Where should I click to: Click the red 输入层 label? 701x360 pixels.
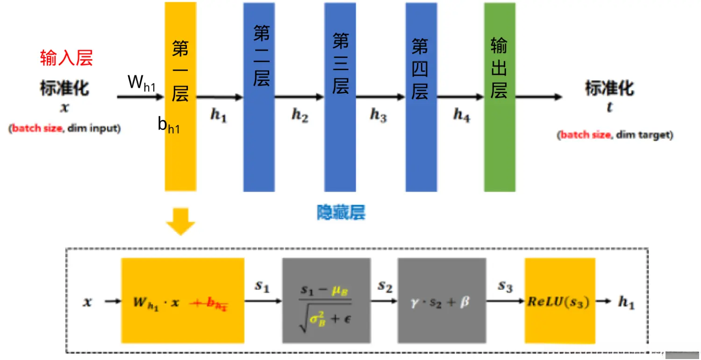click(66, 58)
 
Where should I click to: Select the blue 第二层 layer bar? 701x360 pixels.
click(259, 140)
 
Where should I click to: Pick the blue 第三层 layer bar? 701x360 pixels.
click(340, 140)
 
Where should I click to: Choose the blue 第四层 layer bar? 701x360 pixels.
click(421, 140)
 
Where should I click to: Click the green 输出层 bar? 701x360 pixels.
click(500, 140)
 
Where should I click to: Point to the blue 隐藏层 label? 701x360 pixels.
click(341, 213)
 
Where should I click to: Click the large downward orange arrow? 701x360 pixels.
click(181, 221)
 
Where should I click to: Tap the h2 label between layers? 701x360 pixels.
click(300, 115)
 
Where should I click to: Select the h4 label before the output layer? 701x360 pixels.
click(461, 115)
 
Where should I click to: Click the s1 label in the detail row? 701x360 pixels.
click(262, 286)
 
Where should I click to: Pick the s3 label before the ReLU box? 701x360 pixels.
click(505, 286)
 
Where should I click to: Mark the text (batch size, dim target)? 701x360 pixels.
click(615, 135)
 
